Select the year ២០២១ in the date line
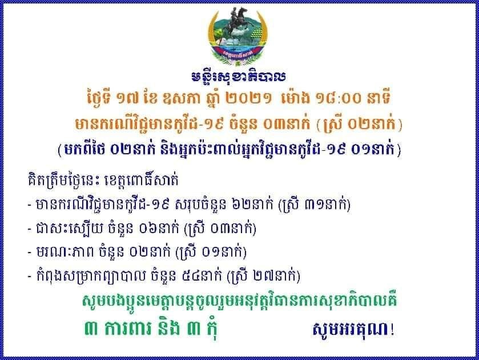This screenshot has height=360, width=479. [x=248, y=98]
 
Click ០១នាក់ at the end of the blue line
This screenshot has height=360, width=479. [x=373, y=150]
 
